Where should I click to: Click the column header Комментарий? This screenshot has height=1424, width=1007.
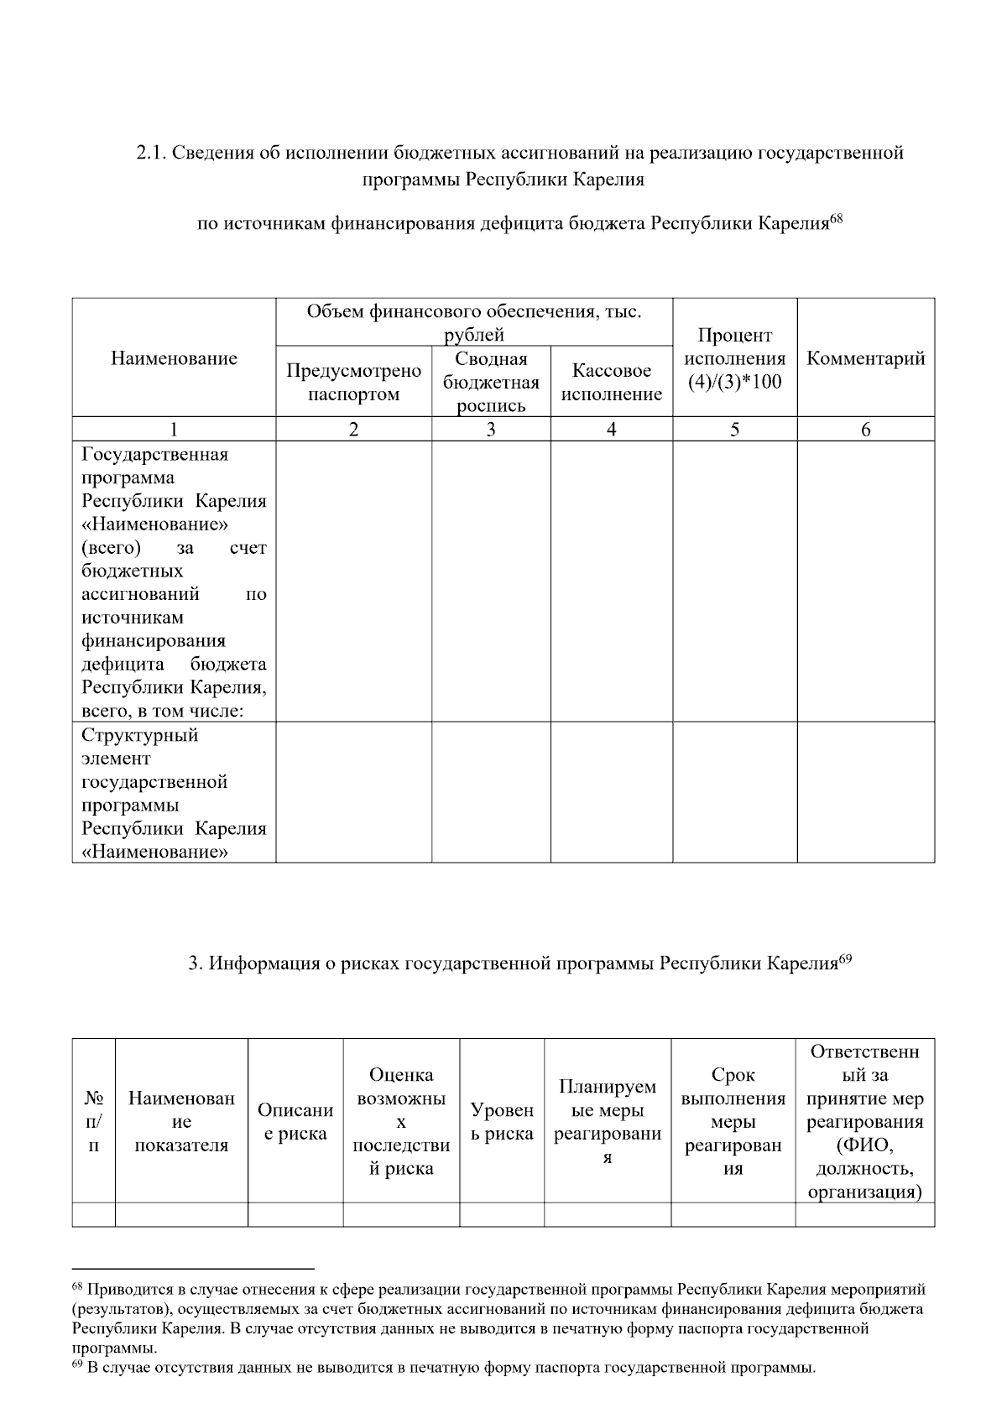click(x=865, y=358)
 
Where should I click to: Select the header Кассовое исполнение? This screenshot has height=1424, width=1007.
click(x=611, y=382)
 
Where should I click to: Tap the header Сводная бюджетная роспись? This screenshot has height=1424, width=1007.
click(x=491, y=382)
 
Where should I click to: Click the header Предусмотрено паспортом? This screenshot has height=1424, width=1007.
click(x=353, y=382)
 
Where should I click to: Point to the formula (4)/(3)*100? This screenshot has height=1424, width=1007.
click(x=734, y=383)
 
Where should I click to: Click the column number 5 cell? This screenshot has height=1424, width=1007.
click(x=734, y=430)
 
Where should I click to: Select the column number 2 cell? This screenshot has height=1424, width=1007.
click(x=353, y=430)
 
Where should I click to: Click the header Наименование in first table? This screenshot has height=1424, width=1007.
click(x=174, y=358)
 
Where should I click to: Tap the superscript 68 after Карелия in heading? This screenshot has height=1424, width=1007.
click(x=836, y=220)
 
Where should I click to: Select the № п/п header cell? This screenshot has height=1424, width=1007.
click(x=93, y=1121)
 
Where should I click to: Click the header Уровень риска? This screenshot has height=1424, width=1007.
click(x=502, y=1121)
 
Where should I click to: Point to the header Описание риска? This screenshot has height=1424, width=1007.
click(x=295, y=1121)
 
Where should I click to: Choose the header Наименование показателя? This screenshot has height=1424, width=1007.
click(x=181, y=1121)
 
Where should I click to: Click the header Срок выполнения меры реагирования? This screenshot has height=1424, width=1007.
click(x=733, y=1121)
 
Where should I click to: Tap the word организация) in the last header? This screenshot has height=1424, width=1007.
click(x=864, y=1192)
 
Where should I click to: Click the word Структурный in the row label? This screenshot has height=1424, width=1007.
click(x=140, y=735)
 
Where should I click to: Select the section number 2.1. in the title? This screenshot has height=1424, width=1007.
click(x=153, y=154)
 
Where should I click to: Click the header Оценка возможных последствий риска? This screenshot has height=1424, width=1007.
click(x=401, y=1121)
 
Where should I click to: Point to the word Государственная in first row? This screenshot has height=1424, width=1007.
click(x=155, y=455)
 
